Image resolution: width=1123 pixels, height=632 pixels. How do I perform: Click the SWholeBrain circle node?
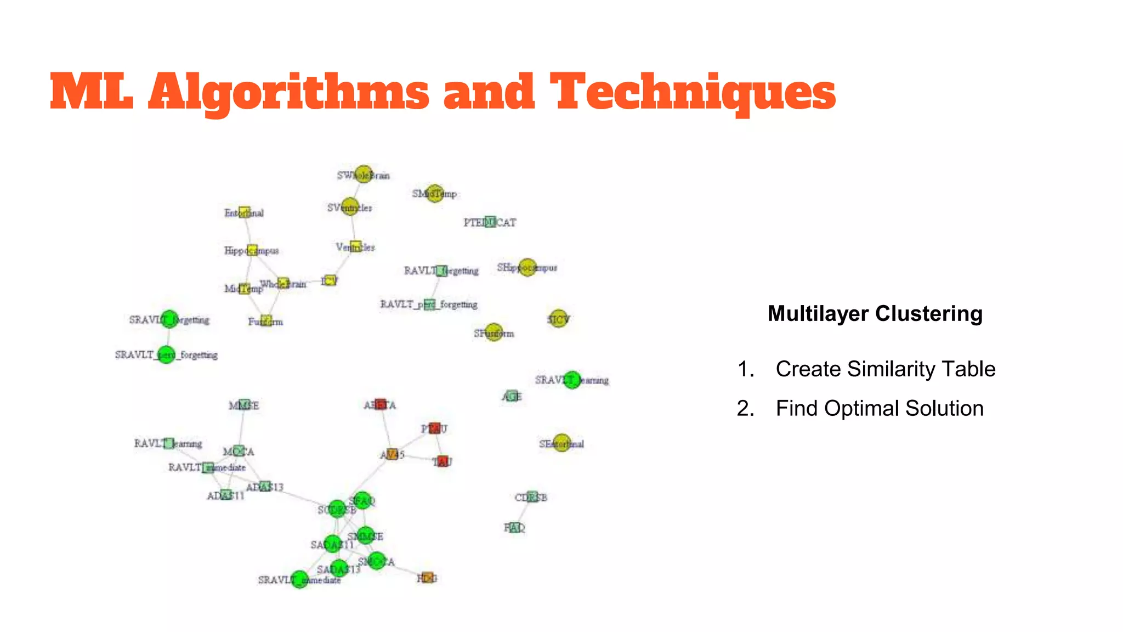tap(363, 174)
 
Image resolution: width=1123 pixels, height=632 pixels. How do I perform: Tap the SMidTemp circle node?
tap(434, 193)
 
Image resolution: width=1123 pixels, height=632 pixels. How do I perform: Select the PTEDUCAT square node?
tap(490, 222)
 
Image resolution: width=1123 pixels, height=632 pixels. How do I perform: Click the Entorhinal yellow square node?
tap(245, 212)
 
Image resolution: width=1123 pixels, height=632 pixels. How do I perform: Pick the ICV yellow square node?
tap(329, 280)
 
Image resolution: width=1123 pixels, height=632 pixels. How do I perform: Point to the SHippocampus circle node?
tap(527, 267)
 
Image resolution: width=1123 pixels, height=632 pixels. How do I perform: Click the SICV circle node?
tap(558, 318)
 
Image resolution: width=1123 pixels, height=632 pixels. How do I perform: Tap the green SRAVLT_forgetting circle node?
tap(169, 319)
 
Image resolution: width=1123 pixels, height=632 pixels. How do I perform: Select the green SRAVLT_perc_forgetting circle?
tap(166, 354)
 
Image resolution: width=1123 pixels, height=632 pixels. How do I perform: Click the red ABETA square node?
tap(380, 404)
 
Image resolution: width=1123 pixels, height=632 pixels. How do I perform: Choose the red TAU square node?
tap(443, 461)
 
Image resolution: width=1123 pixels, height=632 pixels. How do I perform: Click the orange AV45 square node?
tap(392, 454)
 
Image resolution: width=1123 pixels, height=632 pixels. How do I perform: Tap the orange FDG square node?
tap(427, 578)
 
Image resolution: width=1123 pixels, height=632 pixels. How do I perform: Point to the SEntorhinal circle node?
tap(561, 443)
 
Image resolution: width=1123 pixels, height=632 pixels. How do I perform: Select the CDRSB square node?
tap(531, 496)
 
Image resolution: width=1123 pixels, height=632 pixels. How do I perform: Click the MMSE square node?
tap(245, 405)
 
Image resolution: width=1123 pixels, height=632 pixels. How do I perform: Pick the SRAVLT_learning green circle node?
tap(572, 380)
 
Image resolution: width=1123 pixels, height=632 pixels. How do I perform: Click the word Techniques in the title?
tap(693, 92)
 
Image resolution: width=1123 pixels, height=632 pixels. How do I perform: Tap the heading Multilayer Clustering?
tap(875, 314)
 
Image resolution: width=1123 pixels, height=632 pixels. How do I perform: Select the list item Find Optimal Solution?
tap(879, 408)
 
